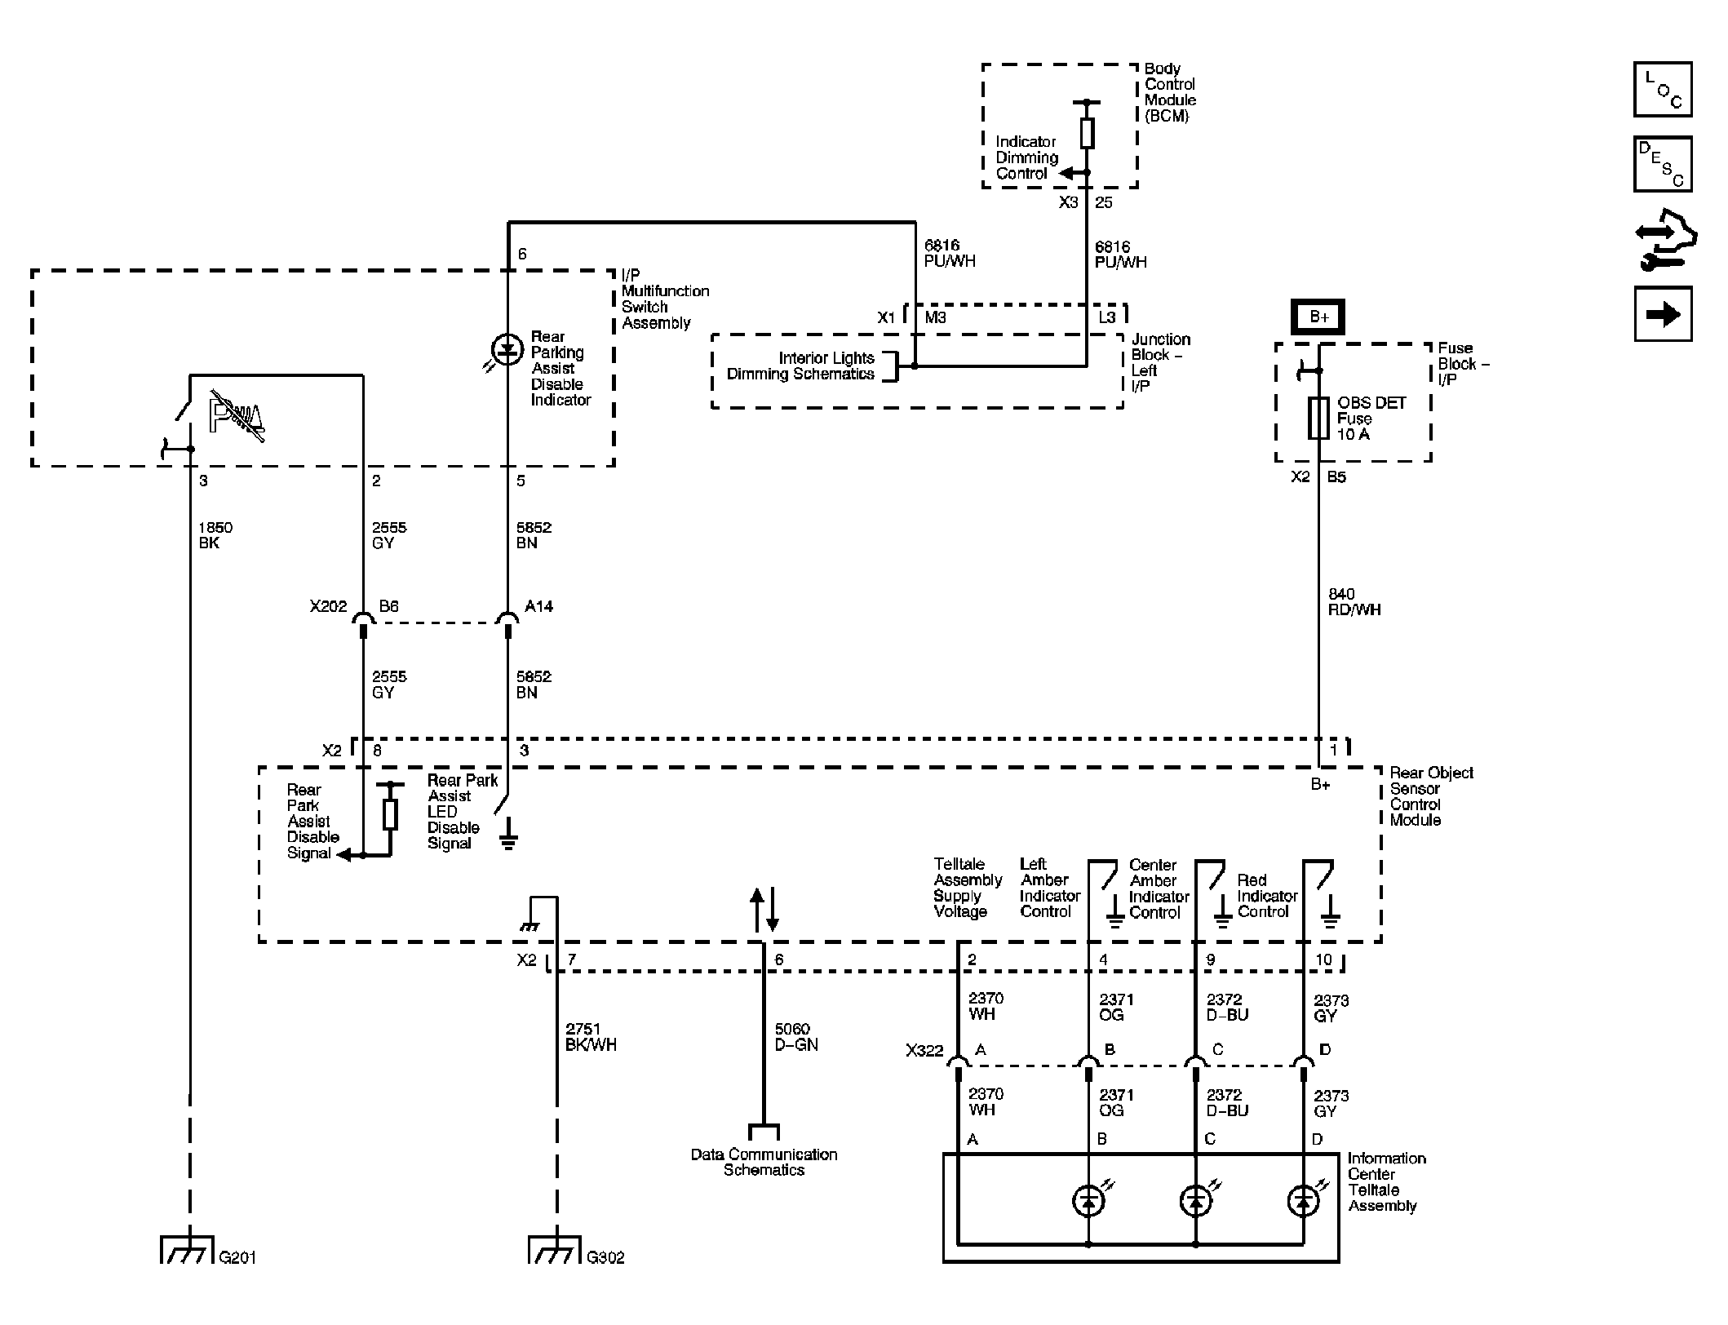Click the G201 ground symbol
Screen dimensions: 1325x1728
click(187, 1249)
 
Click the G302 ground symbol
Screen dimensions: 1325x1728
click(555, 1249)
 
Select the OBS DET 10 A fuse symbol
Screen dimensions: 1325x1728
click(1318, 419)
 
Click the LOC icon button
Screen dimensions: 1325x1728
click(1663, 90)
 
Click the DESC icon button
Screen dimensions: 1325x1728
click(1663, 164)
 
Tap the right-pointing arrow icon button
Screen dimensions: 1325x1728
click(1663, 314)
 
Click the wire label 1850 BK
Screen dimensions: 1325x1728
click(215, 535)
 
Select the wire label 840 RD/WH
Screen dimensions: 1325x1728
click(1354, 602)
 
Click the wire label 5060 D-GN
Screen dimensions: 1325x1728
click(795, 1037)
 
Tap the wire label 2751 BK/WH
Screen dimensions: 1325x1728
click(590, 1037)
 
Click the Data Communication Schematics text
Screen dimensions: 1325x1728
click(764, 1162)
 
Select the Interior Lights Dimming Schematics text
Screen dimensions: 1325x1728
click(800, 366)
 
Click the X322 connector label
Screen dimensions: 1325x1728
click(924, 1051)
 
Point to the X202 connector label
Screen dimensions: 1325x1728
click(328, 607)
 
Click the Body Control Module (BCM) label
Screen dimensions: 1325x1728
click(1169, 92)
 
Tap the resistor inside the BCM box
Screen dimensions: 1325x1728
click(1086, 133)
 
